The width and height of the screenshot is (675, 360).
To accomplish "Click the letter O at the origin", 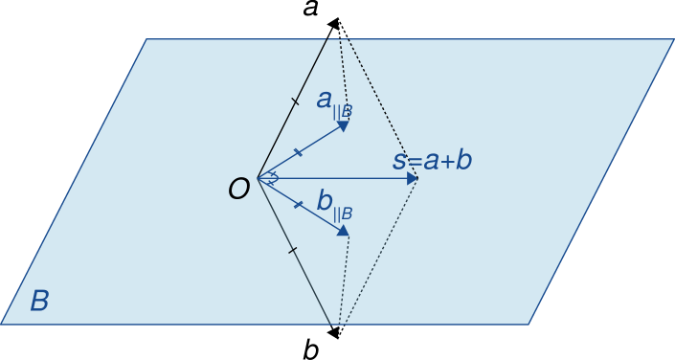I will coord(238,190).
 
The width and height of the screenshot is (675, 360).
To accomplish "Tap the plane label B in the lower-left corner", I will coord(39,302).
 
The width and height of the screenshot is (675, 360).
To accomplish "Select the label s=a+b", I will coord(433,160).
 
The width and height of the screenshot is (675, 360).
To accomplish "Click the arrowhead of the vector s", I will coord(413,178).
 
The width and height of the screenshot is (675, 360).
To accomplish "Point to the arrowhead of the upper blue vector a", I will coord(343,124).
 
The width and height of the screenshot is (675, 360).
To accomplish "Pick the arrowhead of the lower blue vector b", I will coord(343,230).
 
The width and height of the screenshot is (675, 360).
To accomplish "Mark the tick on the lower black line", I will coord(293,251).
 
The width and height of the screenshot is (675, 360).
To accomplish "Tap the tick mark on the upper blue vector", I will coord(298,151).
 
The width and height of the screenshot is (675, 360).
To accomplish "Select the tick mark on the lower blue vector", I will coord(298,204).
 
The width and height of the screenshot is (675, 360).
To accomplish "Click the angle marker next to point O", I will coord(272,178).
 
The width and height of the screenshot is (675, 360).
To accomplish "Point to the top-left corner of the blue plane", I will coord(147,39).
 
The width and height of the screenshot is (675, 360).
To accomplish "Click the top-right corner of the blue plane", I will coord(673,39).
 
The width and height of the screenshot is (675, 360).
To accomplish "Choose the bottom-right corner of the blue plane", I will coord(529,324).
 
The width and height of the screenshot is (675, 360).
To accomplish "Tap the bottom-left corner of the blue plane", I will coord(2,324).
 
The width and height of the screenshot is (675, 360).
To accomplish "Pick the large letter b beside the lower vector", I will coord(325,201).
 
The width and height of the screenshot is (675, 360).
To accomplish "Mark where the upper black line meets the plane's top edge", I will coord(328,39).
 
